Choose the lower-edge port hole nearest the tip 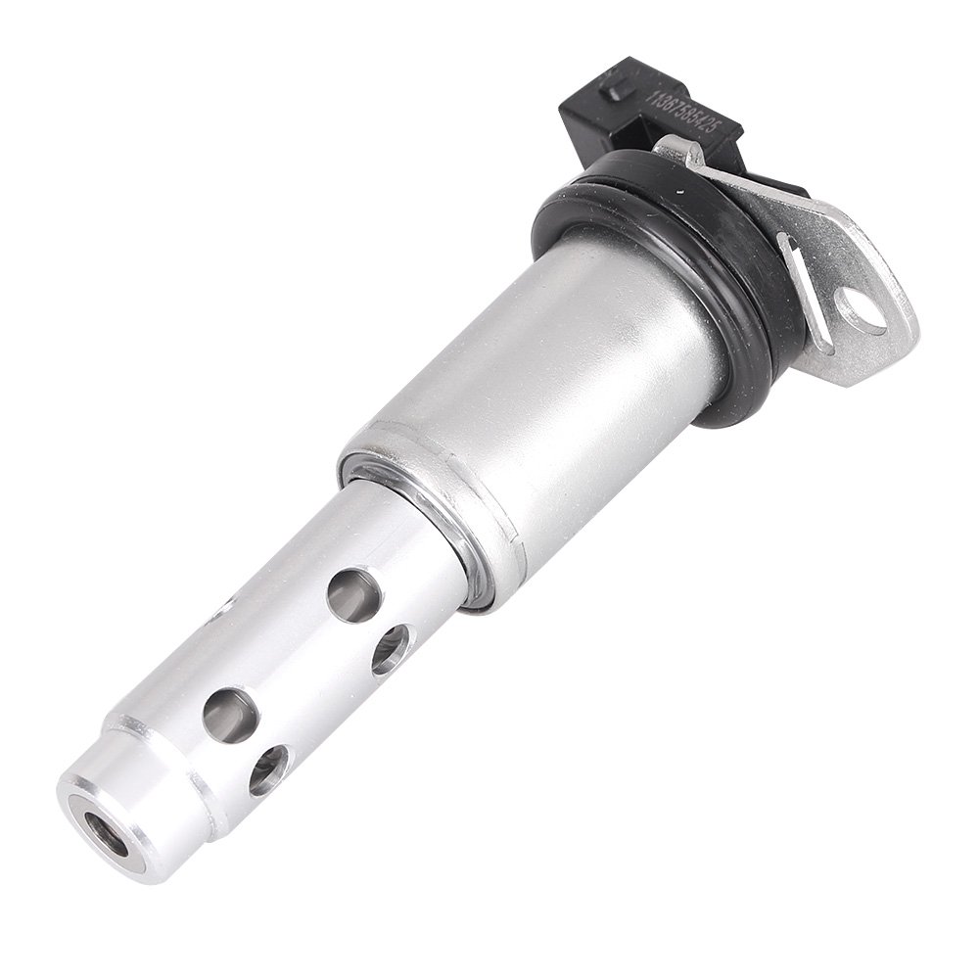pyautogui.click(x=267, y=770)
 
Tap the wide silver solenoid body pyautogui.click(x=548, y=392)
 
